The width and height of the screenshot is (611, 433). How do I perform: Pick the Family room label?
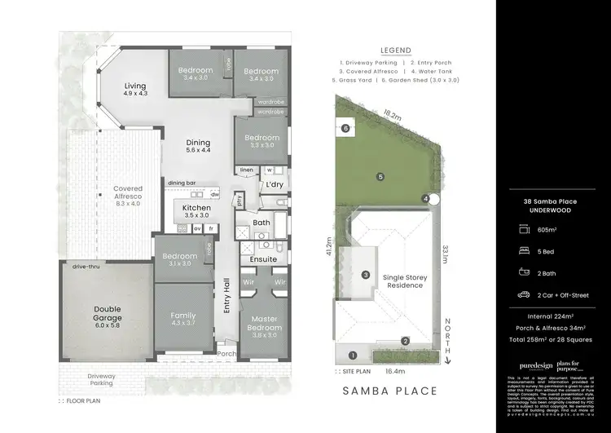183,320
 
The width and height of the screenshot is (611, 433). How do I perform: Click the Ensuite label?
263,259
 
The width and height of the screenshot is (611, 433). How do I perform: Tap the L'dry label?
274,185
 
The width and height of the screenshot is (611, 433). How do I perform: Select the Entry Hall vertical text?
226,304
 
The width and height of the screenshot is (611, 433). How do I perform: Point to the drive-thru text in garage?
85,267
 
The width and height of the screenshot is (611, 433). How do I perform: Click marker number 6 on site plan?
345,128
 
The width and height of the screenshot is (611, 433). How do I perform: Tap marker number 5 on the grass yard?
380,175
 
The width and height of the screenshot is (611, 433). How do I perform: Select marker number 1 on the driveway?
352,355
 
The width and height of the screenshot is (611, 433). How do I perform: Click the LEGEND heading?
394,49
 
